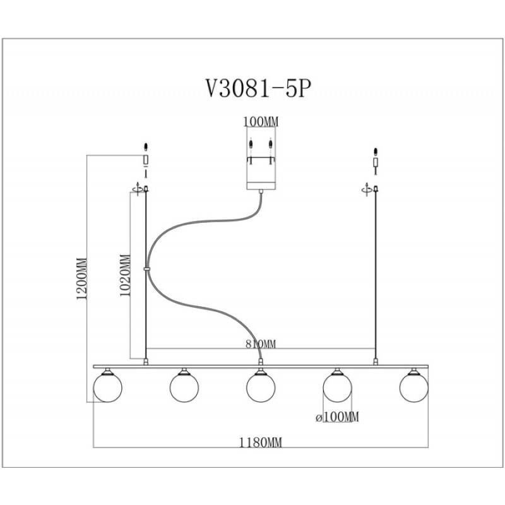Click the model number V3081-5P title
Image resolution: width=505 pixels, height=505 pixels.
point(259,88)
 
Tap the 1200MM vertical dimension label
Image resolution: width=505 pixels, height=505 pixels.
point(82,278)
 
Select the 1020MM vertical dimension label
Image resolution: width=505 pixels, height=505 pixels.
point(125,275)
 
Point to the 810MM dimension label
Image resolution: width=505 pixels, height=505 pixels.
point(261,344)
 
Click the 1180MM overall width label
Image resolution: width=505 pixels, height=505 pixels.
point(260,443)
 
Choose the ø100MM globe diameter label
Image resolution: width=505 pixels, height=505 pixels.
point(337,417)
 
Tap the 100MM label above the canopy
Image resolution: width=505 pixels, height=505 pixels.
point(261,122)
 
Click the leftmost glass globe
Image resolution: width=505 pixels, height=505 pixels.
point(107,388)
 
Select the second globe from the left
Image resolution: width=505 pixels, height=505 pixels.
point(184,388)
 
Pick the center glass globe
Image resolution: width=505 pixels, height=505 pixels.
point(261,388)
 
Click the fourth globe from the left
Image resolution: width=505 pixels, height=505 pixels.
point(337,388)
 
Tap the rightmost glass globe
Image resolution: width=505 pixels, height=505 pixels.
point(414,388)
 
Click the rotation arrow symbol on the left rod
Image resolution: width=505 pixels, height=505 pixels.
point(138,189)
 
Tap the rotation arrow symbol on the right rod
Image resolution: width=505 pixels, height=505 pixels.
point(367,189)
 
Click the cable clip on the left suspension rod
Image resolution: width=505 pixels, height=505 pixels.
point(146,268)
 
